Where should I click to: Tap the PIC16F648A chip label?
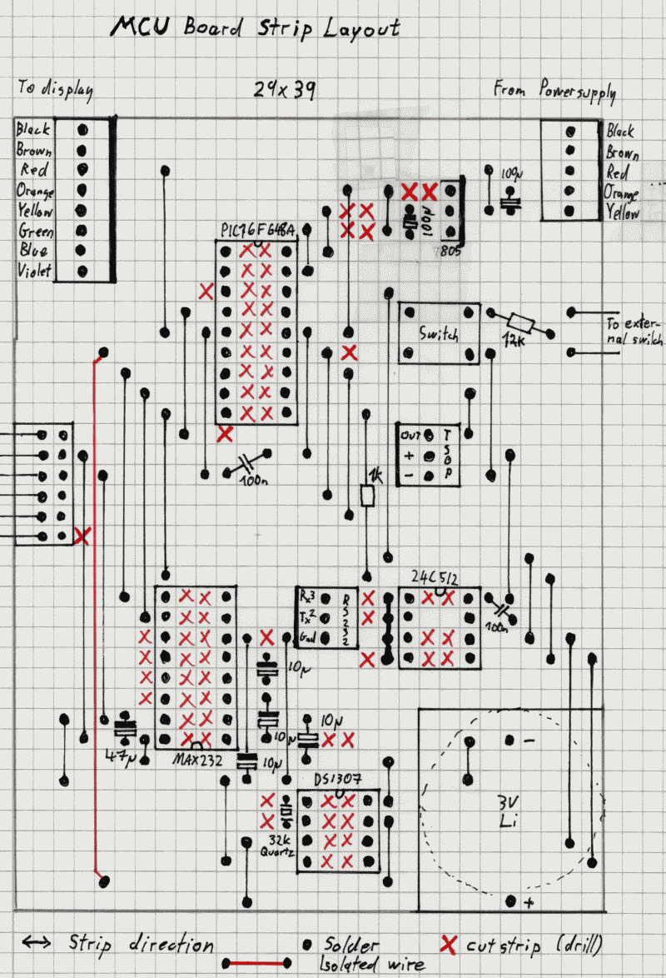click(x=257, y=230)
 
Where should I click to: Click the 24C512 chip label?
click(x=434, y=577)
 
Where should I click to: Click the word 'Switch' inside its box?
click(x=439, y=335)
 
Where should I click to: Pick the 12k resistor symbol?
click(x=522, y=322)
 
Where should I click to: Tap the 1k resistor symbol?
click(x=368, y=496)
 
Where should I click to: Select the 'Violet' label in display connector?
click(x=34, y=272)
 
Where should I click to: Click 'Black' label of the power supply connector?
click(x=620, y=132)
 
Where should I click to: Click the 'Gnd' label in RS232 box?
click(x=306, y=640)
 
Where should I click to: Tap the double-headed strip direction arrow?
click(x=37, y=943)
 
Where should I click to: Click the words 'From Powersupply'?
click(x=554, y=90)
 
